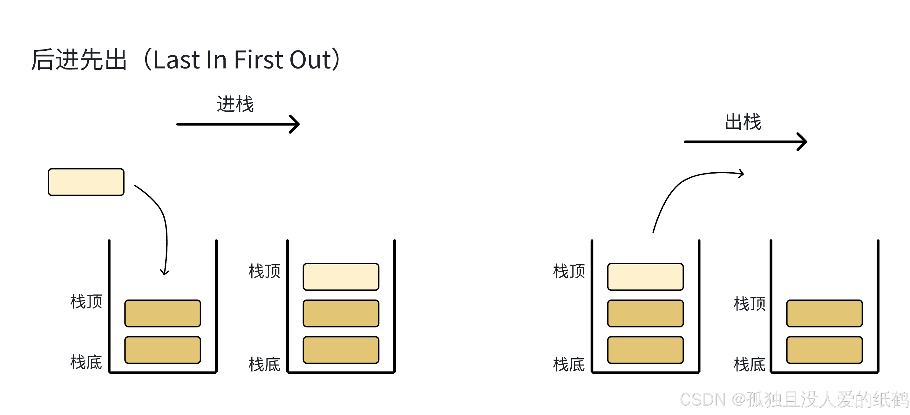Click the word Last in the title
pyautogui.click(x=177, y=60)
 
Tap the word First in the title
pyautogui.click(x=258, y=60)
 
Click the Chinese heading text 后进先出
pyautogui.click(x=79, y=60)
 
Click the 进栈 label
pyautogui.click(x=235, y=104)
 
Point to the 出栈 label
pyautogui.click(x=743, y=122)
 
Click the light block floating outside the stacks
pyautogui.click(x=86, y=182)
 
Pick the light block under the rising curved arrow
pyautogui.click(x=645, y=277)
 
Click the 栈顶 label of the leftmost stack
pyautogui.click(x=86, y=302)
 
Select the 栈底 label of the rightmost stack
pyautogui.click(x=750, y=365)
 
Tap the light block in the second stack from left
pyautogui.click(x=341, y=277)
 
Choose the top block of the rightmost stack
pyautogui.click(x=825, y=313)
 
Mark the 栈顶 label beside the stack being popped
pyautogui.click(x=569, y=271)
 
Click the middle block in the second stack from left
pyautogui.click(x=341, y=313)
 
